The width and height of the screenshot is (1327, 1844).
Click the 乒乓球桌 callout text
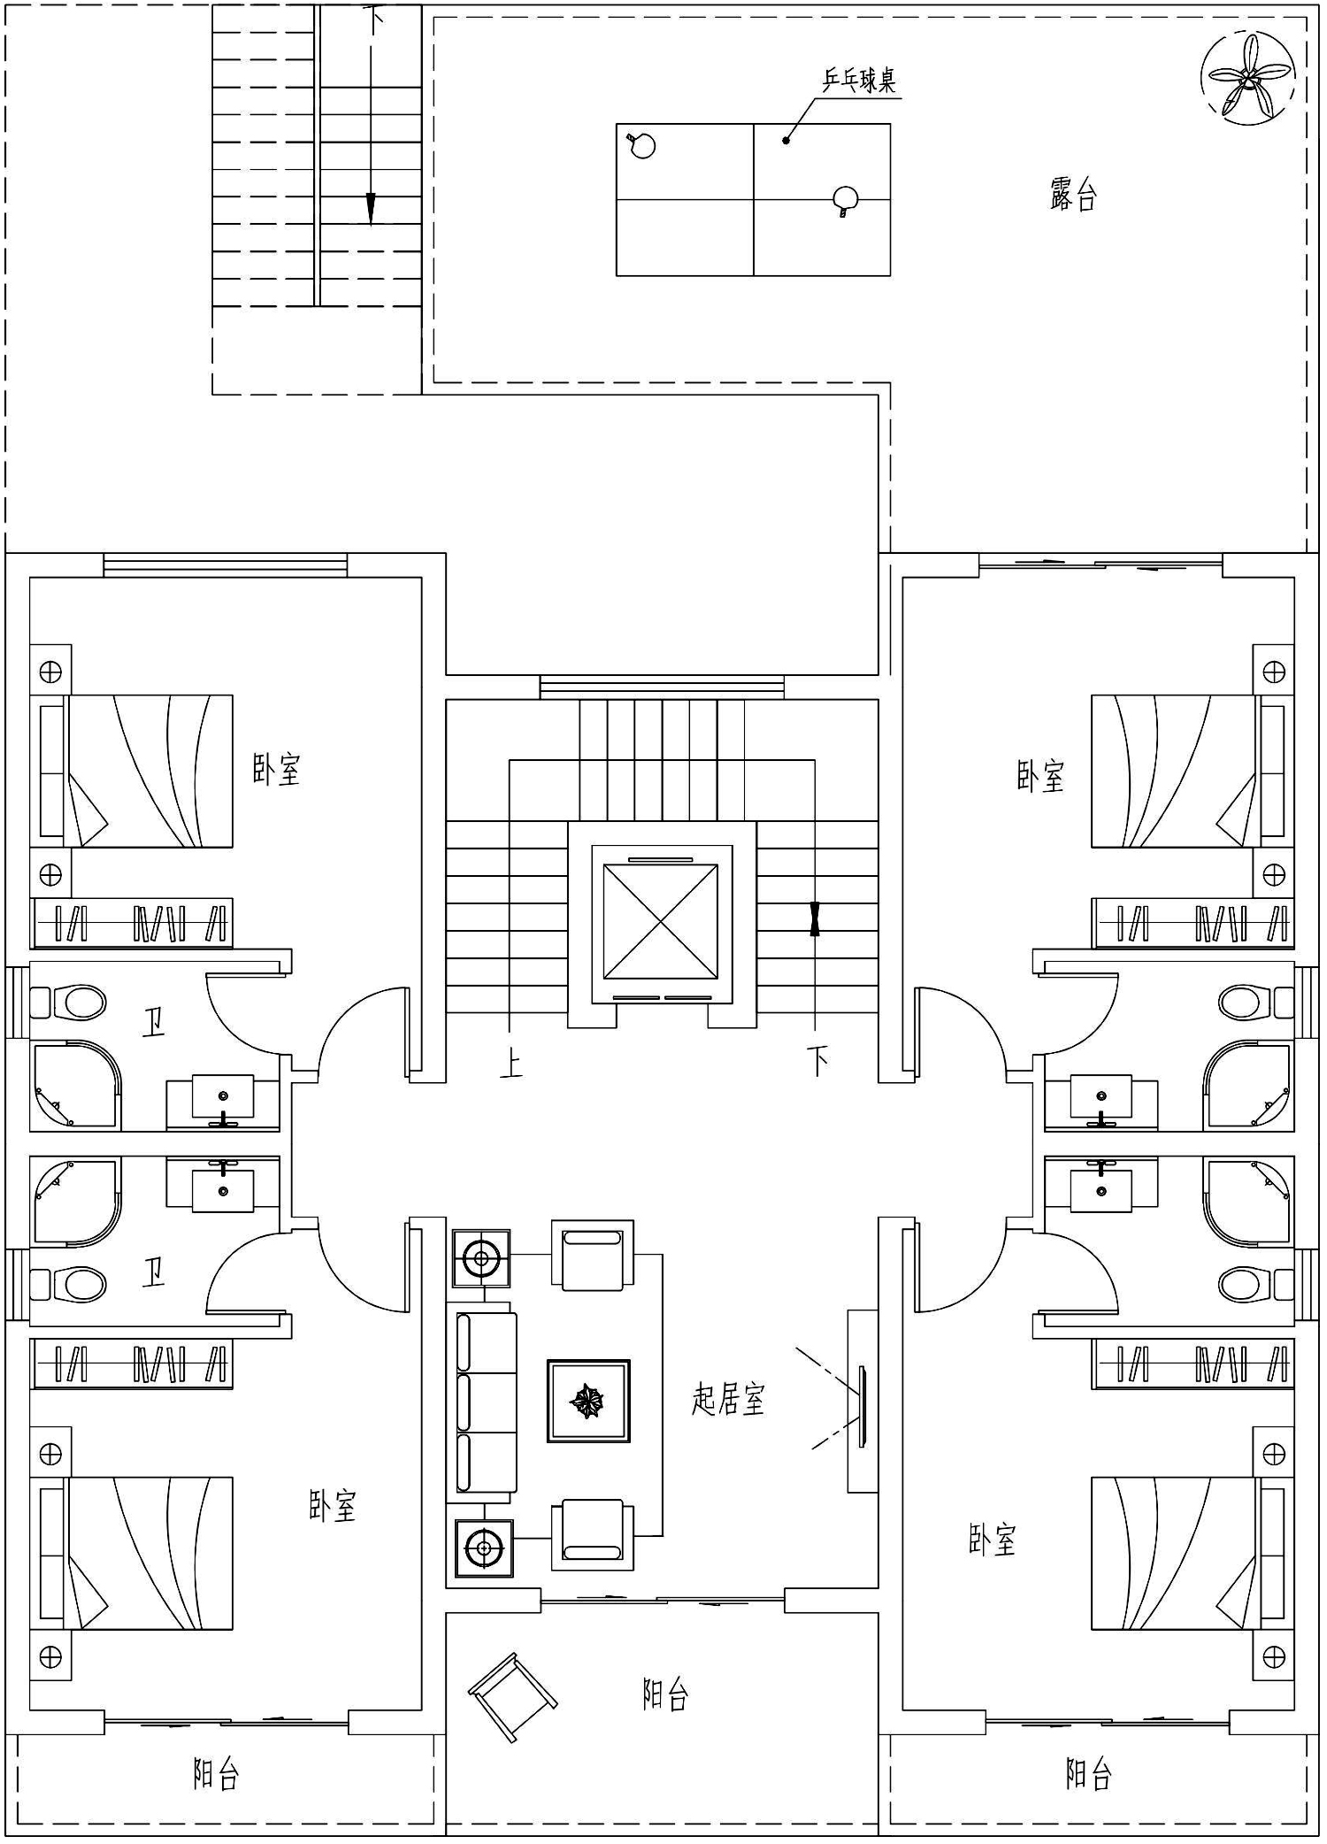(859, 81)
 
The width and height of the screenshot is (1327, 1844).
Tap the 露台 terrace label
(1073, 194)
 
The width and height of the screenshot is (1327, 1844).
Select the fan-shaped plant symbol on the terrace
(1248, 78)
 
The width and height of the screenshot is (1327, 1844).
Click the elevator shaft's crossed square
(661, 921)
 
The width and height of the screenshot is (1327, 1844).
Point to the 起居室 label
(728, 1399)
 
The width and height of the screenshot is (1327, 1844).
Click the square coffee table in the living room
(588, 1401)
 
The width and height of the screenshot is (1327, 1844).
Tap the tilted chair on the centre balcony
(513, 1696)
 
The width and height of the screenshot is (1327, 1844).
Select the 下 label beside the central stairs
(818, 1061)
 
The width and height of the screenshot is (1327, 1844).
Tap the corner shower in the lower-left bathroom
(75, 1202)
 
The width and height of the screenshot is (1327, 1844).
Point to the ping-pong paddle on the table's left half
(640, 144)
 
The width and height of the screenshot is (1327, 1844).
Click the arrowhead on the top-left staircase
(371, 209)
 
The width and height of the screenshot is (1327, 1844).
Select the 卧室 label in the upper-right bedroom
(1039, 775)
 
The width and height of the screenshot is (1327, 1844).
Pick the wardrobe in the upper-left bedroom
(132, 923)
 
